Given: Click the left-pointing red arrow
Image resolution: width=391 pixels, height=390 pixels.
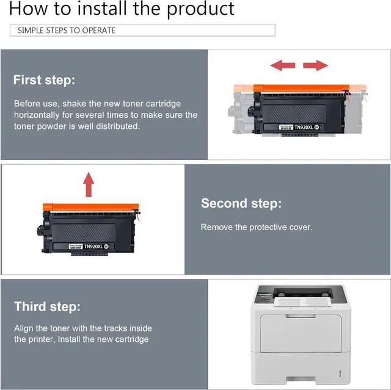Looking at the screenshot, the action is click(282, 65).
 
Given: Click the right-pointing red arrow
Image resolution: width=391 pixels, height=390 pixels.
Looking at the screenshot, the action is click(315, 65).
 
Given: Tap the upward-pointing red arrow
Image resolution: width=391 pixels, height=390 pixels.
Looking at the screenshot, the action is click(89, 184).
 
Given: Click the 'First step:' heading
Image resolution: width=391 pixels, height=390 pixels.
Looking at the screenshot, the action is click(44, 80).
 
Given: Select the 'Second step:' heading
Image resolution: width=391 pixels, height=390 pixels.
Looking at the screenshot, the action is click(241, 203).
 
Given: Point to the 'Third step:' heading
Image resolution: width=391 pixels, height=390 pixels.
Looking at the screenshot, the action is click(48, 306).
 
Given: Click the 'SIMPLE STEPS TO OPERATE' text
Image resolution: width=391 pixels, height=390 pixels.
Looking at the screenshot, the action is click(67, 31).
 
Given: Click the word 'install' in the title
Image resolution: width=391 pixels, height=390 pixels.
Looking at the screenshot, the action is click(101, 9).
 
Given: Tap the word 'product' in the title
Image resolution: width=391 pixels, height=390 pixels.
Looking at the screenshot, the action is click(200, 9).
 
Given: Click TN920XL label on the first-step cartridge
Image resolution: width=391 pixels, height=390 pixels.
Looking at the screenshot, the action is click(304, 128).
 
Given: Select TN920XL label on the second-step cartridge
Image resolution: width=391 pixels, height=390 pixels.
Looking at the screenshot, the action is click(93, 247).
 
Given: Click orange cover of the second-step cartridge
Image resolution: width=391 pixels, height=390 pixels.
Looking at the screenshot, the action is click(91, 207).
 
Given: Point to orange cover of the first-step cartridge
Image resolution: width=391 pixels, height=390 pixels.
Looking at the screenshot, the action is click(301, 88).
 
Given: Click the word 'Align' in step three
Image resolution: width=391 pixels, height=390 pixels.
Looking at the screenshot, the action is click(24, 328).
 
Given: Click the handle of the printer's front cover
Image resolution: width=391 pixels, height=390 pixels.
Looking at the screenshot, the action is click(301, 316).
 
